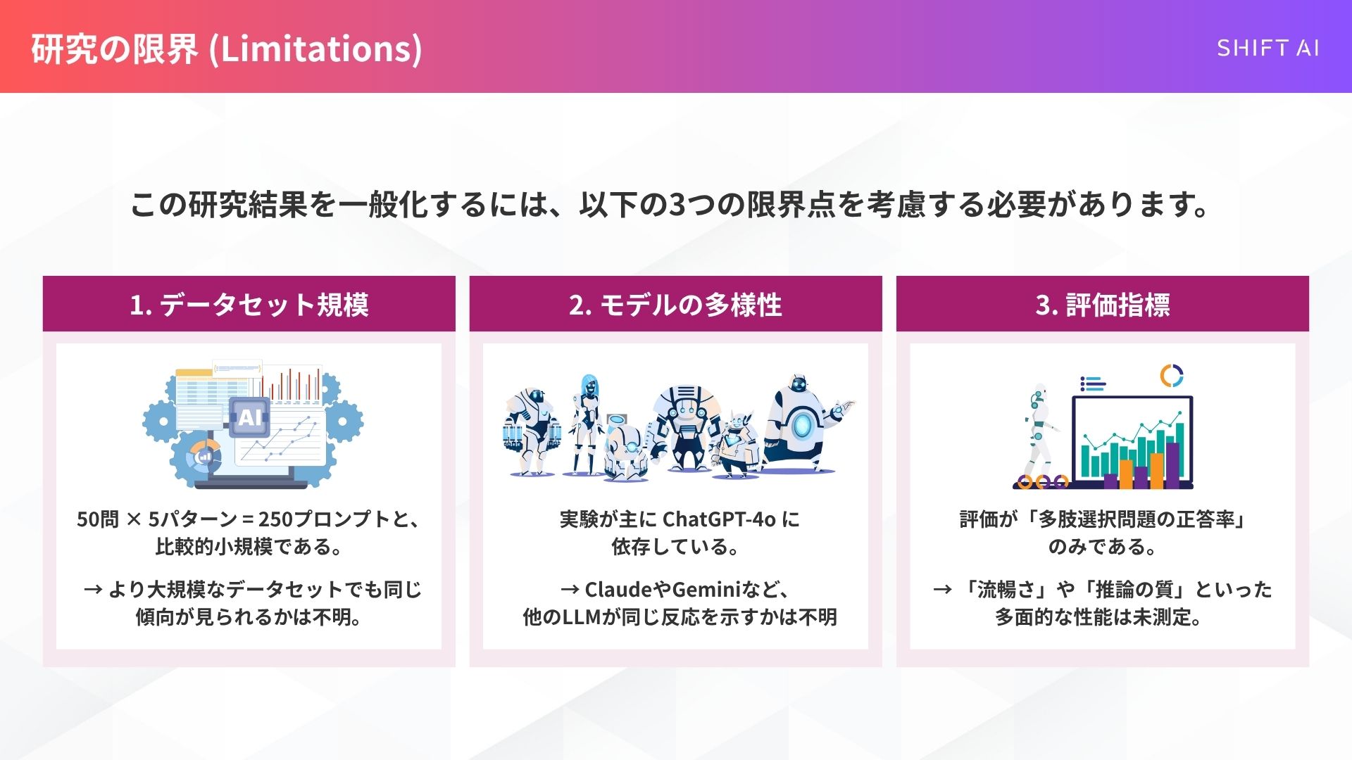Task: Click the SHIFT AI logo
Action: tap(1267, 48)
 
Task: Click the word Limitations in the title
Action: tap(316, 49)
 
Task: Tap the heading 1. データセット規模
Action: tap(249, 305)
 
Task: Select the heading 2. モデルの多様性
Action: tap(675, 305)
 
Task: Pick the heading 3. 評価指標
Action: tap(1102, 305)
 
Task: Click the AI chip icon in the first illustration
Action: tap(250, 417)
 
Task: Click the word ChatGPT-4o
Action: tap(718, 519)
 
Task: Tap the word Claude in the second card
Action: tap(618, 589)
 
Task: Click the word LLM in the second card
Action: tap(582, 617)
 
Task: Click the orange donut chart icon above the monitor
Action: tap(1171, 376)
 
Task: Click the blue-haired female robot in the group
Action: tap(588, 422)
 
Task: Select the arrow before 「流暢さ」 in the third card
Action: tap(942, 589)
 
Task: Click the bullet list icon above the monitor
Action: tap(1092, 384)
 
